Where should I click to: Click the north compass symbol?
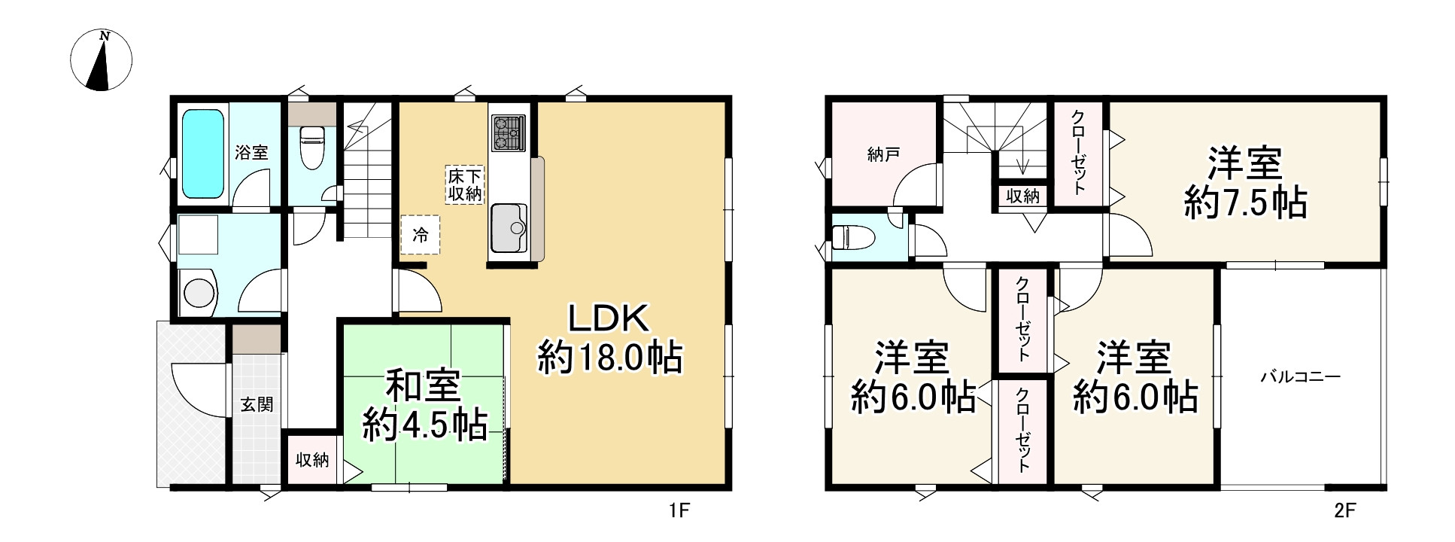(x=101, y=60)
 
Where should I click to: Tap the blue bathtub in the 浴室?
(x=204, y=154)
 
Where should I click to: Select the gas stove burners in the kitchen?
(x=508, y=133)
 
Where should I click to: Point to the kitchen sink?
(x=509, y=227)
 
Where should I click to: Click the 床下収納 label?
(x=466, y=184)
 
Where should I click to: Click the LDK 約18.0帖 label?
(x=609, y=339)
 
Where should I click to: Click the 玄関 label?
(x=257, y=405)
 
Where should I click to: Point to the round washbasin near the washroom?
(x=199, y=293)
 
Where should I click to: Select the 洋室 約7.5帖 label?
(x=1245, y=183)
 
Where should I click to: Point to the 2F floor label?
(x=1345, y=512)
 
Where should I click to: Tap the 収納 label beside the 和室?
(x=312, y=460)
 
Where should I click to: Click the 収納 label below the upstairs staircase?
(x=1022, y=196)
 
